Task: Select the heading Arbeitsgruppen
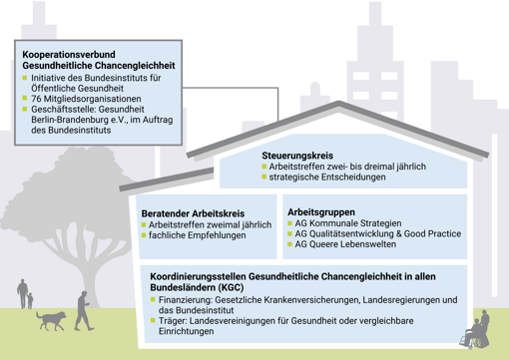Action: [322, 213]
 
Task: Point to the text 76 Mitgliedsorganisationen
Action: [86, 100]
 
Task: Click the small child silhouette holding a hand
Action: [31, 299]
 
